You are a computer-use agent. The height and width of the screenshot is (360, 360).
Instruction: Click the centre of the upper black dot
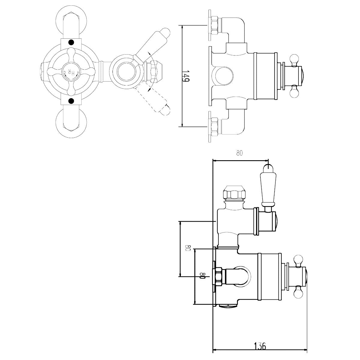(71, 43)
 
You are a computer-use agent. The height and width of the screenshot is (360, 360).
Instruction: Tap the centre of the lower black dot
(71, 101)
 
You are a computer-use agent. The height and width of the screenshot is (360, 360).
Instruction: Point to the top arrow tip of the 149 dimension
(182, 25)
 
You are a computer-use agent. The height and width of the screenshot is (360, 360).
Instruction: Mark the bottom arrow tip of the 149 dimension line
(182, 127)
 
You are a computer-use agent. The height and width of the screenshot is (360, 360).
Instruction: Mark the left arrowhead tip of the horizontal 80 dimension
(213, 160)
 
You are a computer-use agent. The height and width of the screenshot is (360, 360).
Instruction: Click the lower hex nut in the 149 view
(214, 127)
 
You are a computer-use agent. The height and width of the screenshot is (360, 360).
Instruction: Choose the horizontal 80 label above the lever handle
(239, 153)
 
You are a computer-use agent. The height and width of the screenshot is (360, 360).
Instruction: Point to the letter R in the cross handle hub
(69, 72)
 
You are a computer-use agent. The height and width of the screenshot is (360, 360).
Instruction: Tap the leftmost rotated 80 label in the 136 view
(188, 248)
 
